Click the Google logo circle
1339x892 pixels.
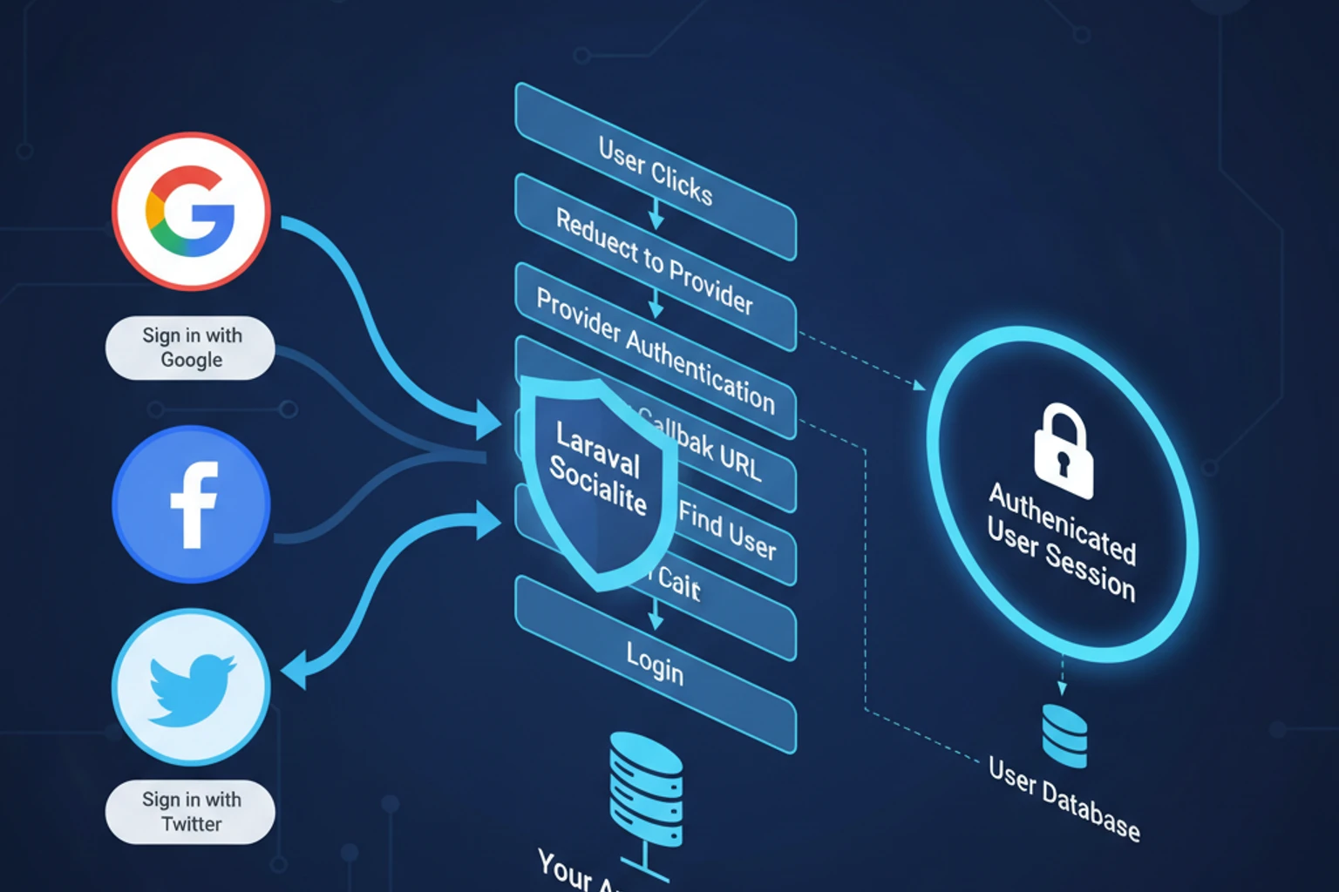191,212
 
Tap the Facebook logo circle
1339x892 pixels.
191,503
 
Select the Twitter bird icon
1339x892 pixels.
191,688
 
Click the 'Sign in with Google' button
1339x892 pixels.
190,348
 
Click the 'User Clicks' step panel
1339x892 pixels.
656,171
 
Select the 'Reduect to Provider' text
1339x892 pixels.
654,261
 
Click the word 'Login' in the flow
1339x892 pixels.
655,663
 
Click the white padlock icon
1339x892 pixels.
1063,450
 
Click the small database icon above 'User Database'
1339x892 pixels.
1064,736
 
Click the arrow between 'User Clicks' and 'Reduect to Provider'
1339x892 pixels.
656,214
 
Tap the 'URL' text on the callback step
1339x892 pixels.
740,462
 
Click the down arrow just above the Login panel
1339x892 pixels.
656,617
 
